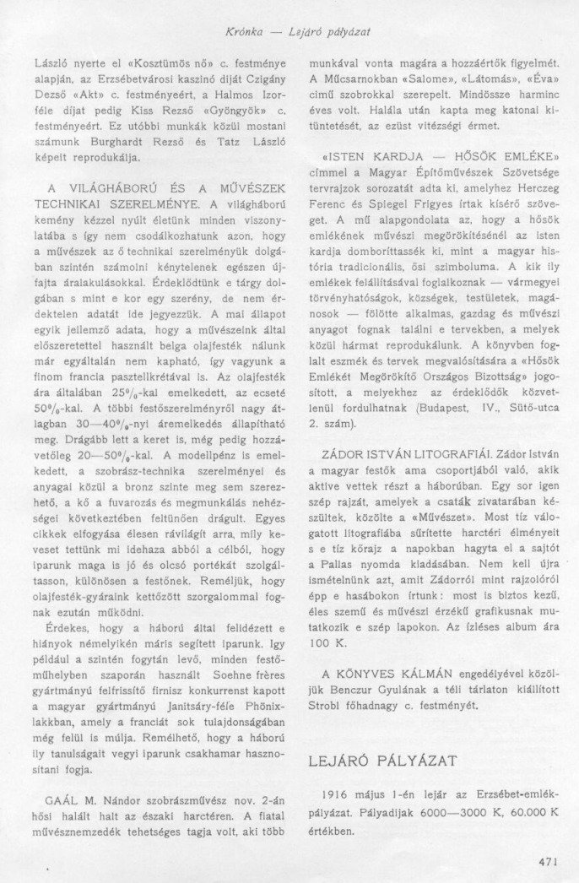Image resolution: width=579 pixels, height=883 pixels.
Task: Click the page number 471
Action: coord(548,861)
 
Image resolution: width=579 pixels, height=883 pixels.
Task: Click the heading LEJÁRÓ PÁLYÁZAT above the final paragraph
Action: coord(381,761)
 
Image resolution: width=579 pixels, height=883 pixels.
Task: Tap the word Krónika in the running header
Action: coord(246,32)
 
